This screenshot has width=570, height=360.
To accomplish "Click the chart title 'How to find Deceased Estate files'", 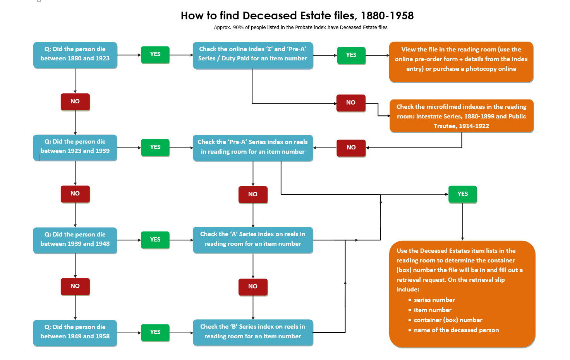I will [x=297, y=15].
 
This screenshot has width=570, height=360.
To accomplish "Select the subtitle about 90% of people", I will [x=300, y=27].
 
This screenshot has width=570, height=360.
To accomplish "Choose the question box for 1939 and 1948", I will [x=75, y=240].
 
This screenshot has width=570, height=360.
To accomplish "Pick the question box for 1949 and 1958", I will [x=75, y=332].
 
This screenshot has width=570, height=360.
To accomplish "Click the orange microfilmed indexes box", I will [x=461, y=116].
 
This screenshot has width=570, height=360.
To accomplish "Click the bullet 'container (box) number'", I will [x=448, y=320].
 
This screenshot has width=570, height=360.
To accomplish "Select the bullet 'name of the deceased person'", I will [x=456, y=330].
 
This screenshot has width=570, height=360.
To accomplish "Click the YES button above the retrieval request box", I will [x=463, y=194].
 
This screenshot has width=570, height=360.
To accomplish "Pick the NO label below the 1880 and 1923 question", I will [x=75, y=101].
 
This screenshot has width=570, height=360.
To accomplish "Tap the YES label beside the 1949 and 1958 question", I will [x=155, y=332].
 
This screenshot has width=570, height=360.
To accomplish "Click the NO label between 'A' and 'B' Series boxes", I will [x=253, y=286].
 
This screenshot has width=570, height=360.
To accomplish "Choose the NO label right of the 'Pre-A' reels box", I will [x=351, y=147].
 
